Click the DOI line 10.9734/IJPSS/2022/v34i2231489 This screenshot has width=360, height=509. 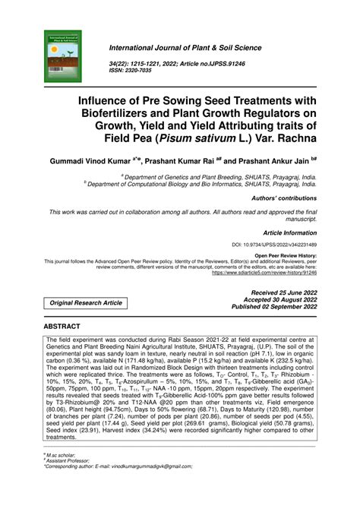point(274,245)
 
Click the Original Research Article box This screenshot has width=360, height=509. point(85,302)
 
